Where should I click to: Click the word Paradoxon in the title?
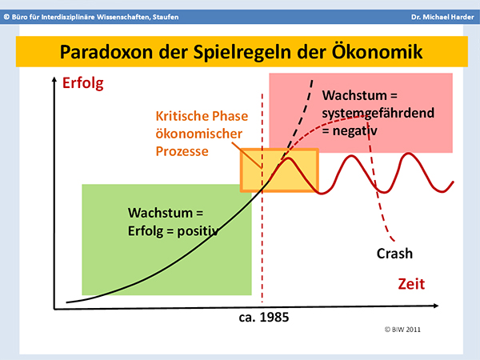coord(106,52)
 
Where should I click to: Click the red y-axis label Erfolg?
coord(83,83)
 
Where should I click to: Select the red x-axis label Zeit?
coord(411,284)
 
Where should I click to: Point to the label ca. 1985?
coord(264,317)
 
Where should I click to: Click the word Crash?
coord(394,254)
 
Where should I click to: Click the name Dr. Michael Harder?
coord(442,17)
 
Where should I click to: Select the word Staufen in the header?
coord(166,17)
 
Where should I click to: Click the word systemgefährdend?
coord(378,114)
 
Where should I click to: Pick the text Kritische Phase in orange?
coord(202,116)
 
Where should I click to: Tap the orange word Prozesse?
coord(182,151)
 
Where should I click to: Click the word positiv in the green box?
coord(198,231)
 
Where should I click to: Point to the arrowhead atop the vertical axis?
coord(54,79)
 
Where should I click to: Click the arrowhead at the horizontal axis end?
coord(435,306)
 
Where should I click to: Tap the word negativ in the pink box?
coord(354,131)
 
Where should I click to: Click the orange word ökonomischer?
coord(199,134)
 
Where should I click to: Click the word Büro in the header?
coord(18,17)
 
